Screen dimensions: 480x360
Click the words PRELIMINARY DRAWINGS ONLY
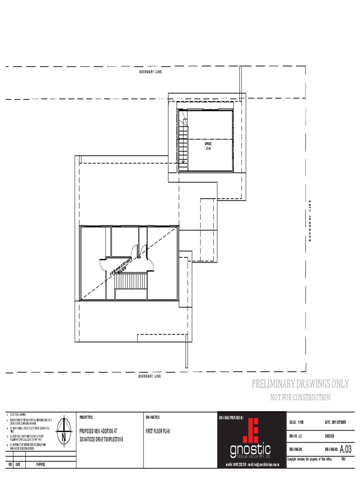[x=300, y=384]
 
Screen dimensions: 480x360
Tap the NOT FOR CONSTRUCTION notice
[x=300, y=397]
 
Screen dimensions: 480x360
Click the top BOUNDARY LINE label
[x=150, y=72]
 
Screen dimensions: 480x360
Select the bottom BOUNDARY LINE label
[x=150, y=376]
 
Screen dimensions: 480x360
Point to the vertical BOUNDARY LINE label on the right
[x=309, y=220]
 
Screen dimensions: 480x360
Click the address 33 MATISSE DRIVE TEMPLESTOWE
[x=102, y=439]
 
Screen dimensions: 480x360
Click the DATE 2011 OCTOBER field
[x=335, y=422]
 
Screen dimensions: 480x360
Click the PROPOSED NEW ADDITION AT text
[x=100, y=430]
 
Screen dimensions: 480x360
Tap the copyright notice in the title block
[x=309, y=459]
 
